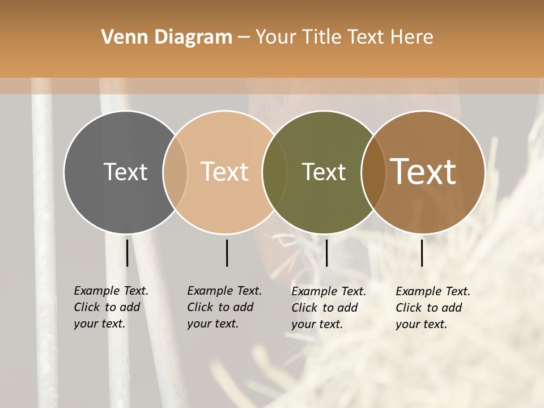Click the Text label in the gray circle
pos(125,172)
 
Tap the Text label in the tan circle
pos(225,172)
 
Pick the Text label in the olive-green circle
pos(324,172)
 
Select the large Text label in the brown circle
pos(423,172)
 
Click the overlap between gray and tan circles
pos(175,172)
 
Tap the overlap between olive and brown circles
pos(373,172)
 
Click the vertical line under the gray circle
pos(127,253)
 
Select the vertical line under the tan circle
pos(227,253)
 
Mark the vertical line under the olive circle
pos(326,253)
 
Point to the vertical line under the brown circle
pos(422,253)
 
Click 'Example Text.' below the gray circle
pos(111,291)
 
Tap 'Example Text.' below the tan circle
pos(224,291)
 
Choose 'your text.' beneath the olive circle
pos(317,324)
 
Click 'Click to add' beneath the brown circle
pos(429,308)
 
